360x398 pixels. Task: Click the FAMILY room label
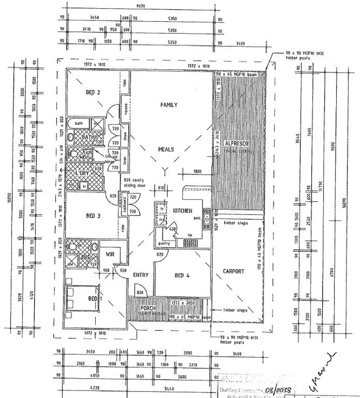click(169, 105)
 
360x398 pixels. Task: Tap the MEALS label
click(166, 149)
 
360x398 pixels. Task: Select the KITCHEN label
click(182, 211)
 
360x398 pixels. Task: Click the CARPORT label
click(234, 271)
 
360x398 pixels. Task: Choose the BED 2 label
click(93, 92)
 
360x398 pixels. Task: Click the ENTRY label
click(140, 275)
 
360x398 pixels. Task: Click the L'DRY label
click(83, 173)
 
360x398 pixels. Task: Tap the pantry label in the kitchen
click(164, 244)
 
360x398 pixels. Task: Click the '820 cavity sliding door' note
click(134, 183)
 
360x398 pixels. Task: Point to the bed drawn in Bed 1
click(83, 298)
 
